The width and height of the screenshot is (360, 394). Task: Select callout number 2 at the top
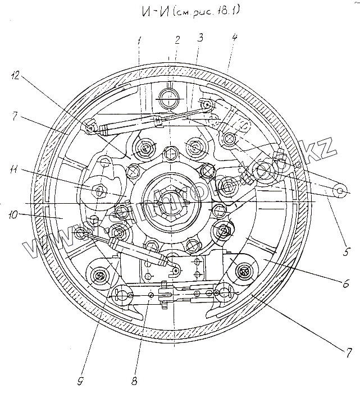point(177,40)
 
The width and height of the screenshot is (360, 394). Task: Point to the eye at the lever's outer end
point(340,191)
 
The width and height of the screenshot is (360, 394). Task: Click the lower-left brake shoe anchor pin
point(99,275)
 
